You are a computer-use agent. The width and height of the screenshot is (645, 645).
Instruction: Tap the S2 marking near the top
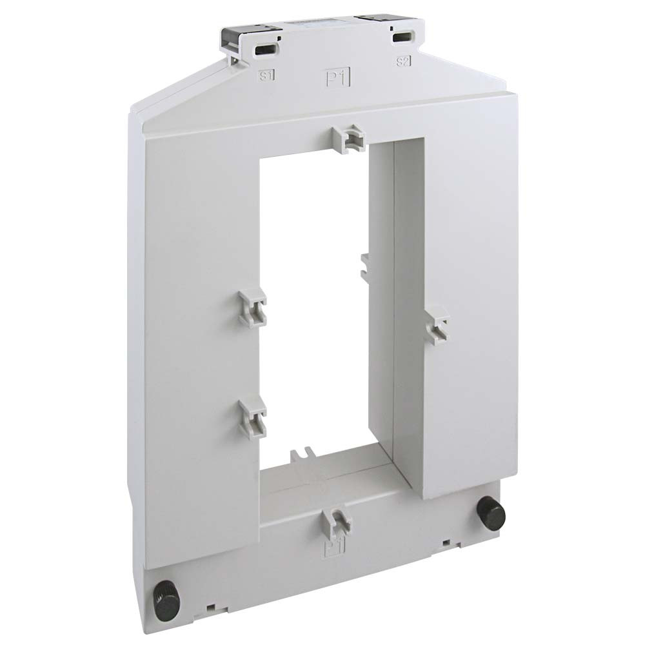point(403,62)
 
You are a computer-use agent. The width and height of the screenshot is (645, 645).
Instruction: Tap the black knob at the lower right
point(491,513)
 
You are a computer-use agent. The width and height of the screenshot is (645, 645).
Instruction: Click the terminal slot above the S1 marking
point(264,50)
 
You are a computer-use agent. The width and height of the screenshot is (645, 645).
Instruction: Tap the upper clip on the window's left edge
point(253,306)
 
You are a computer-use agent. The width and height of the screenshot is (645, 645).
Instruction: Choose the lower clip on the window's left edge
point(252,416)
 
